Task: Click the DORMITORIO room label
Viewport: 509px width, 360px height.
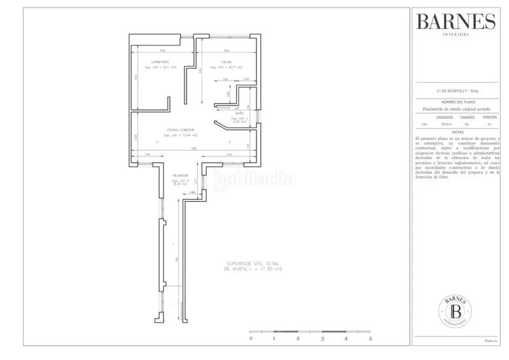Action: tap(151, 62)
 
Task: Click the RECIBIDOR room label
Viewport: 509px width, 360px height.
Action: tap(179, 176)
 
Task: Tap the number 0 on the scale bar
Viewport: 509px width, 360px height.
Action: tap(250, 340)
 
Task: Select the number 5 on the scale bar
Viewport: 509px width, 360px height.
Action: tap(370, 340)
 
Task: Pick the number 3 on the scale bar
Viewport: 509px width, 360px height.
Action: tap(323, 340)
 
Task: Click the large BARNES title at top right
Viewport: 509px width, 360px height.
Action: tap(456, 22)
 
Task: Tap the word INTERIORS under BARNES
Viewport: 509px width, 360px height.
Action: tap(456, 36)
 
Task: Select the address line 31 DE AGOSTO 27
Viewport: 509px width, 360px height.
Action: tap(456, 93)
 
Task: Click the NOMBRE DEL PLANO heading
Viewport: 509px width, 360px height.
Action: tap(456, 102)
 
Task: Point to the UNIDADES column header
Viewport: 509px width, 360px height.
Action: tap(445, 118)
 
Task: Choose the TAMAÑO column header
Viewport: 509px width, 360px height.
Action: tap(468, 118)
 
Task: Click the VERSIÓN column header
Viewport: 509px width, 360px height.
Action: tap(489, 118)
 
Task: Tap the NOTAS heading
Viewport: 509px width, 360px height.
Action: tap(456, 132)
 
